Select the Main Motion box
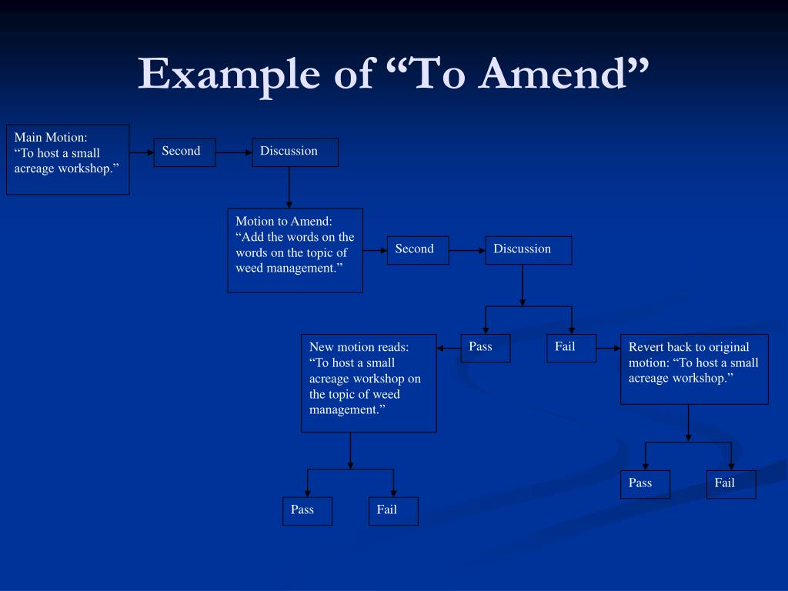pyautogui.click(x=68, y=159)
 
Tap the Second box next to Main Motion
pyautogui.click(x=184, y=152)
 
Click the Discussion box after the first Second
pyautogui.click(x=295, y=152)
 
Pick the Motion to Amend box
pyautogui.click(x=295, y=250)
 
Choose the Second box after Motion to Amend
pyautogui.click(x=418, y=250)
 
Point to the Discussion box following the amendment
pyautogui.click(x=528, y=250)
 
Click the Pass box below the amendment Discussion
pyautogui.click(x=485, y=348)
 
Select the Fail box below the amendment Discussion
pyautogui.click(x=571, y=348)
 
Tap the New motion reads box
pyautogui.click(x=369, y=382)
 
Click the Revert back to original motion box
pyautogui.click(x=694, y=369)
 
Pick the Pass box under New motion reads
pyautogui.click(x=307, y=511)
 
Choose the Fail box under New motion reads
pyautogui.click(x=393, y=511)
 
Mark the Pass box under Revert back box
pyautogui.click(x=645, y=484)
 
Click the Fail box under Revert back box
pyautogui.click(x=731, y=484)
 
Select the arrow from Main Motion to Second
pyautogui.click(x=142, y=152)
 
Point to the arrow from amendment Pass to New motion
pyautogui.click(x=449, y=348)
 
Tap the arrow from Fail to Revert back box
pyautogui.click(x=608, y=348)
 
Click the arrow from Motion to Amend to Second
pyautogui.click(x=375, y=250)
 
